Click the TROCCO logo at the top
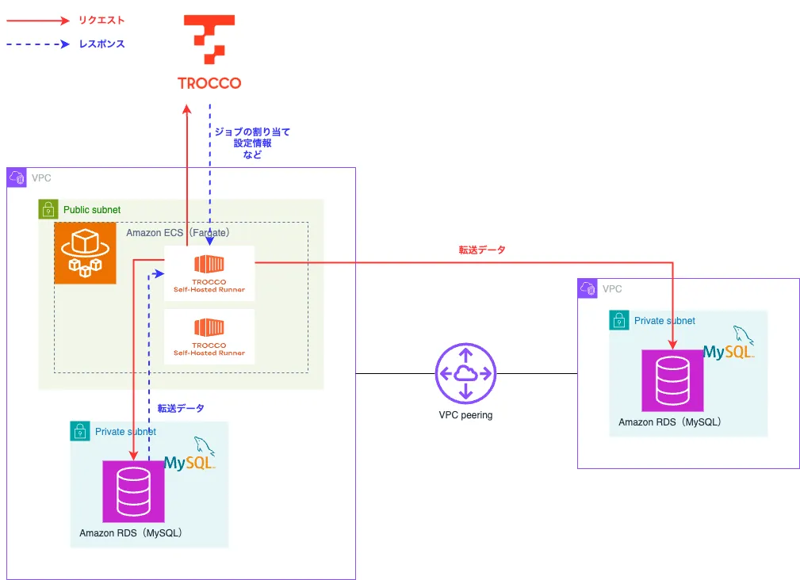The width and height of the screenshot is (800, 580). pos(209,52)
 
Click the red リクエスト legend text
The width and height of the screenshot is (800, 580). pos(101,21)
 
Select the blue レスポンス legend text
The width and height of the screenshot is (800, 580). pos(101,44)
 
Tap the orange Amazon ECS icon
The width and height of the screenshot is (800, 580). pos(85,252)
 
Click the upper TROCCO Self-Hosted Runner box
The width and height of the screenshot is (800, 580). pos(209,273)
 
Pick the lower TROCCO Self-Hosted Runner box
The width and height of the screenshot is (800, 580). pos(209,337)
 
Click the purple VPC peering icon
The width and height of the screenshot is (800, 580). pos(465,373)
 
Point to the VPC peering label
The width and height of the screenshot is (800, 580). pos(465,414)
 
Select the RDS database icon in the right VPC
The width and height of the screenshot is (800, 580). pos(673,380)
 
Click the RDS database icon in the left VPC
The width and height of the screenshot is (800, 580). pos(133,491)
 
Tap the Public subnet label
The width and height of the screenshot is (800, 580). pos(92,210)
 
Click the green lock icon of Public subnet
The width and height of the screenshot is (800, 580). pos(48,210)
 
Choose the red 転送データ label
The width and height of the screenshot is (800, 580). pos(482,250)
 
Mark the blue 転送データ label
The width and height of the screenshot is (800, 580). pos(181,409)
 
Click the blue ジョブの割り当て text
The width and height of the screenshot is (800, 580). pos(252,132)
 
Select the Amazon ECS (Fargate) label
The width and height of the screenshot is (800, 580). pos(178,233)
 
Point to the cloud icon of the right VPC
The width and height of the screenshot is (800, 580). pos(588,289)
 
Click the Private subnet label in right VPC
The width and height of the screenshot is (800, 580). pos(664,321)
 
